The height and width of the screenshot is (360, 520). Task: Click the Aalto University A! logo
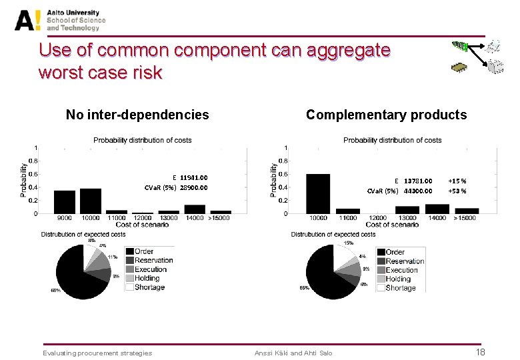click(28, 19)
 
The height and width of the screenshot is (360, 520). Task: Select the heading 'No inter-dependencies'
click(137, 115)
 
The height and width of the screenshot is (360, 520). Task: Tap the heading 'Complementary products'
click(386, 115)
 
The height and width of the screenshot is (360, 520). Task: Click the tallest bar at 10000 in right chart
click(318, 193)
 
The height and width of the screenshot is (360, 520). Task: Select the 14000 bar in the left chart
click(195, 209)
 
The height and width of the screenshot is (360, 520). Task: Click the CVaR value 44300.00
click(418, 191)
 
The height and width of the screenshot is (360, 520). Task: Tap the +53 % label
click(457, 191)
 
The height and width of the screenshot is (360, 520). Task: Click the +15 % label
click(457, 181)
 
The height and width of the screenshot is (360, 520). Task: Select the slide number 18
click(479, 352)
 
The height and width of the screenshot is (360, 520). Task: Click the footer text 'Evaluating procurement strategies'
click(97, 353)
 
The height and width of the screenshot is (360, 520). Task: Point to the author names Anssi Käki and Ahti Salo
click(293, 353)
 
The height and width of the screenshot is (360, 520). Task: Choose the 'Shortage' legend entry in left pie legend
click(149, 287)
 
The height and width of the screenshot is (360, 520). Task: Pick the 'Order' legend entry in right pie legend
click(395, 252)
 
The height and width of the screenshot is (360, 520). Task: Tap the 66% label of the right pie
click(303, 287)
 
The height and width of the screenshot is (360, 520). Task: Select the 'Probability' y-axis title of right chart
click(274, 180)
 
